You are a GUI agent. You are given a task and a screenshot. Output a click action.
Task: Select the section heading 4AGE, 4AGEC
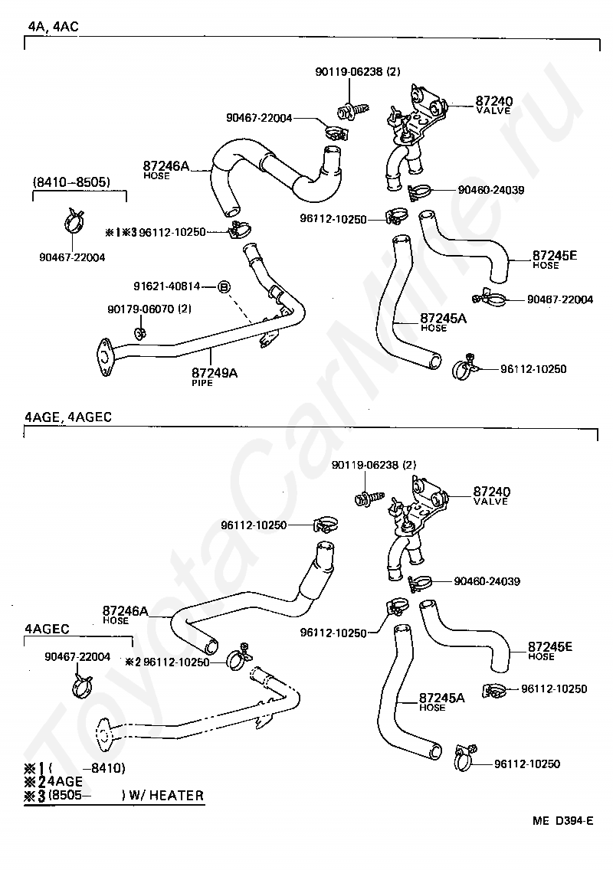67,417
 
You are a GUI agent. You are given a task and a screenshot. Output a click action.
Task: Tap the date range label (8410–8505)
71,182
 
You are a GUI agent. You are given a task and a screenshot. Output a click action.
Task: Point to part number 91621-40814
166,286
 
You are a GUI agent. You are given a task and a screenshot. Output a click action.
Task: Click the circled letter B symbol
223,287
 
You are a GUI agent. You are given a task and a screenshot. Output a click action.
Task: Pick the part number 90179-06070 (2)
149,309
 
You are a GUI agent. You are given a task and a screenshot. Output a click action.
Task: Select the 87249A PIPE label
215,376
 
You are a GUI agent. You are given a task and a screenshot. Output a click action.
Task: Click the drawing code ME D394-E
562,820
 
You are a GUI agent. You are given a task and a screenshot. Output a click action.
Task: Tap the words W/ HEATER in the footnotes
166,795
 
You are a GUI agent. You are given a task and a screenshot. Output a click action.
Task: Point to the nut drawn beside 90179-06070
139,333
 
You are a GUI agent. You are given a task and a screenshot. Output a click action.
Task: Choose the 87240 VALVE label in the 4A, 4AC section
493,104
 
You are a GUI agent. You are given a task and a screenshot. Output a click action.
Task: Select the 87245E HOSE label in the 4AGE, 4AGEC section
549,650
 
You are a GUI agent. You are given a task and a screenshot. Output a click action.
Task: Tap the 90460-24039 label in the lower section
487,581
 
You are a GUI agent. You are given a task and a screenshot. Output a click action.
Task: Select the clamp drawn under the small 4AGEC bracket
82,684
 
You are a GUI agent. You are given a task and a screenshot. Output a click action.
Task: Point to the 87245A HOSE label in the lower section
441,702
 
